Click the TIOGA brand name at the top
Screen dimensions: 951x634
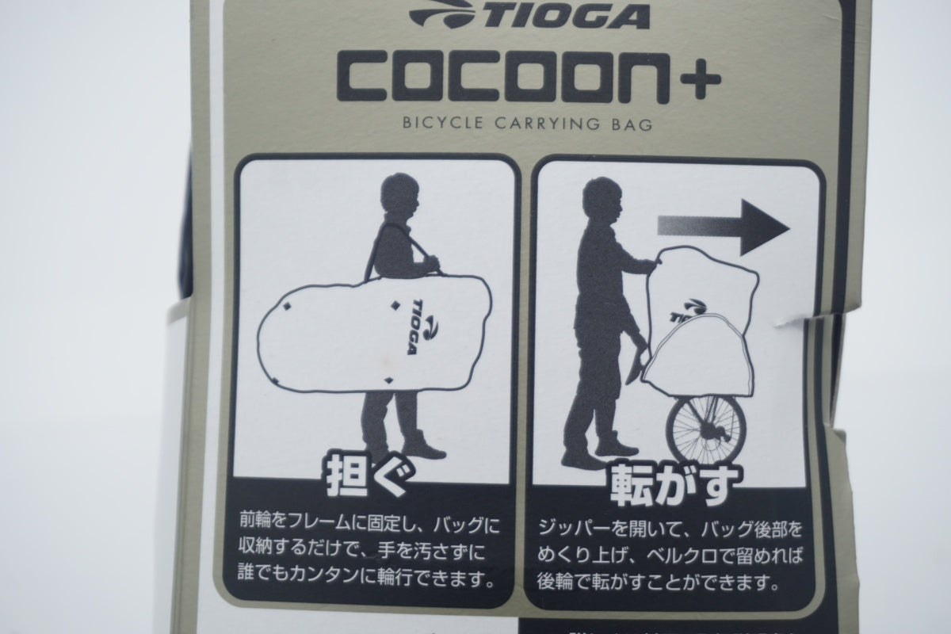coord(563,17)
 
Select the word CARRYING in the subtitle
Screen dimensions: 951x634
coord(548,124)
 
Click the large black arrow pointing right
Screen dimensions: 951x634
coord(724,227)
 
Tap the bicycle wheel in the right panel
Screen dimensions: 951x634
coord(706,430)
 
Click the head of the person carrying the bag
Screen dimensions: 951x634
coord(399,194)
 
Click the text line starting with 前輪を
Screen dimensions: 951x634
coord(369,526)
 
